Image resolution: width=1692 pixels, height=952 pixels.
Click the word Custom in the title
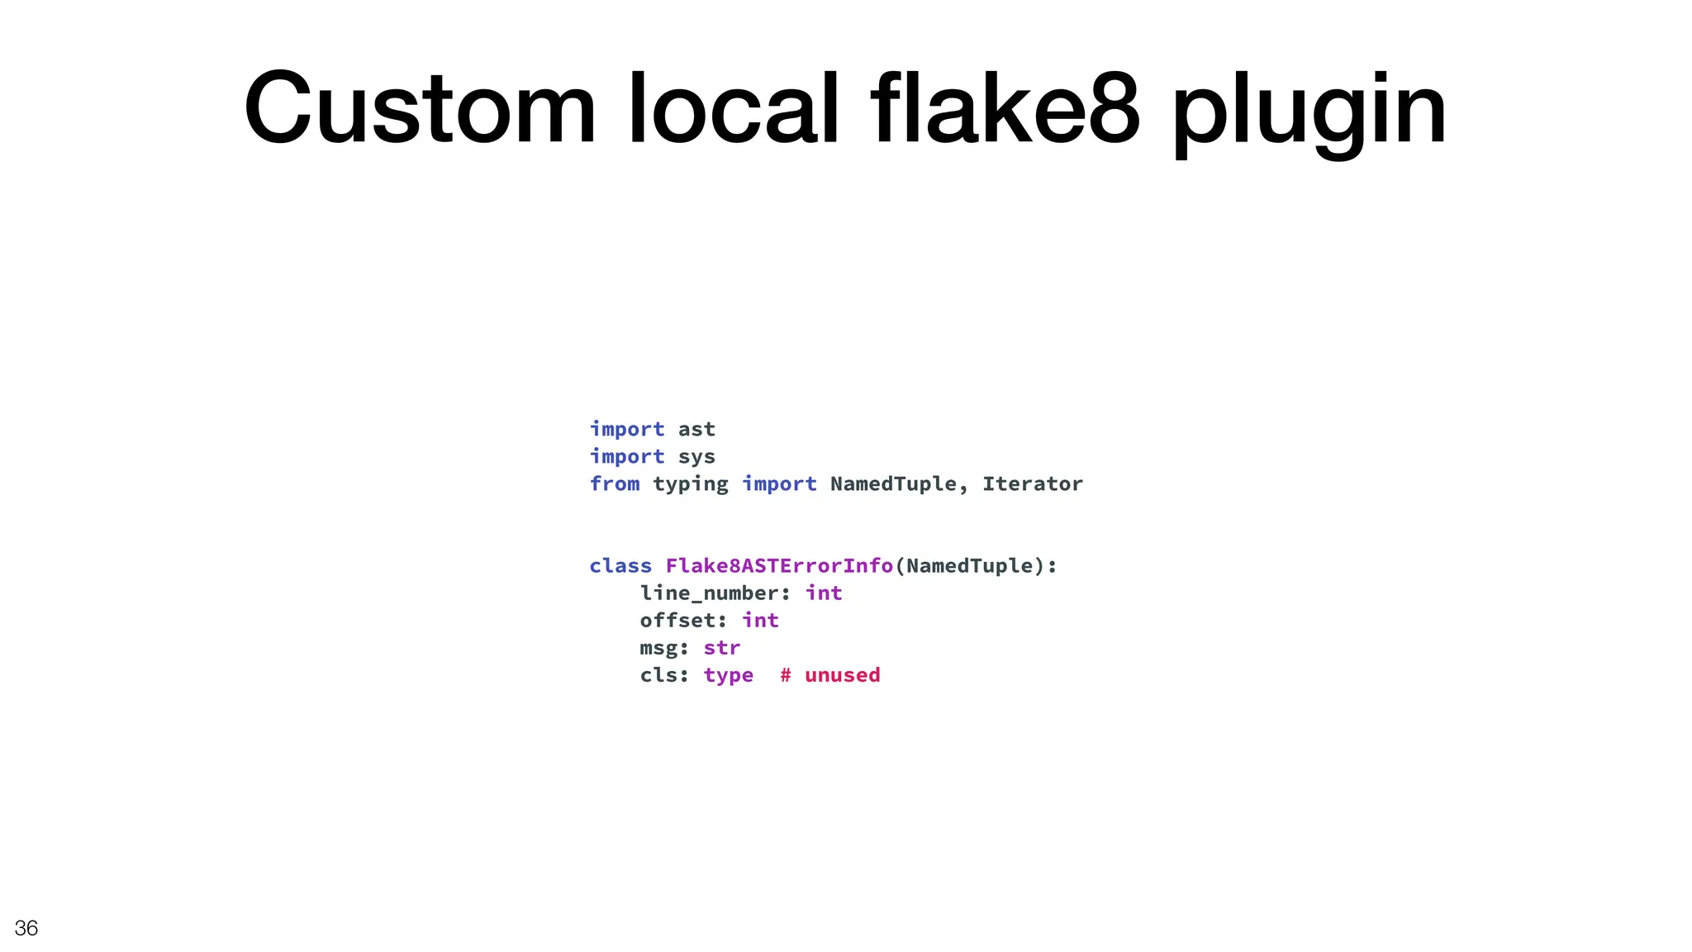click(x=419, y=109)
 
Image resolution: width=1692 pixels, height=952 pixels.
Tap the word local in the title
click(x=734, y=109)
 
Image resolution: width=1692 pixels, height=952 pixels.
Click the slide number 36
click(x=26, y=928)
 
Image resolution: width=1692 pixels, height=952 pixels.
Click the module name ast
click(x=696, y=430)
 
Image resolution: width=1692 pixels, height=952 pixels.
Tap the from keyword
click(x=615, y=484)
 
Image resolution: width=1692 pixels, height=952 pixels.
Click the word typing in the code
click(x=691, y=485)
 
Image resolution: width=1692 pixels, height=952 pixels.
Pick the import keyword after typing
click(x=779, y=484)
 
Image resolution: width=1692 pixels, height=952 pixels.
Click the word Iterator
click(x=1032, y=484)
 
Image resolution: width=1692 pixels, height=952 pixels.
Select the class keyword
click(x=620, y=566)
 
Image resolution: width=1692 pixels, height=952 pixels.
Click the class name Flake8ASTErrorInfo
click(x=779, y=566)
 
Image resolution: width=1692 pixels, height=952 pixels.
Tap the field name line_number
click(x=709, y=593)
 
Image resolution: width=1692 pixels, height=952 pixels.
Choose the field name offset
click(x=677, y=621)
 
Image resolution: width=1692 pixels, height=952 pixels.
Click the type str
click(x=722, y=648)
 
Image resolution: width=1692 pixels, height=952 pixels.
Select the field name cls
click(x=658, y=675)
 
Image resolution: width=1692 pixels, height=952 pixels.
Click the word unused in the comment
click(x=842, y=675)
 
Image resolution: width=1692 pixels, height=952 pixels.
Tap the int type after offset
click(x=760, y=621)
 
